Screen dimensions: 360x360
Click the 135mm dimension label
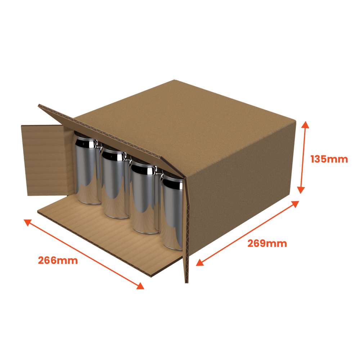(x=329, y=159)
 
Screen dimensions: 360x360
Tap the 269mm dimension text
(x=267, y=243)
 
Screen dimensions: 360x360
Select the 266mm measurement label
(x=58, y=260)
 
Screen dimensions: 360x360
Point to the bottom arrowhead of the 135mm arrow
(x=301, y=190)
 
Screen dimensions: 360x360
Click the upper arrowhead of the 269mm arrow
(x=295, y=204)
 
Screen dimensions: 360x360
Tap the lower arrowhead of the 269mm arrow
(x=200, y=262)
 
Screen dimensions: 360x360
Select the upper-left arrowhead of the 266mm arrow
(x=28, y=222)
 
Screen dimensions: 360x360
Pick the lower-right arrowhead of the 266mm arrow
(x=140, y=286)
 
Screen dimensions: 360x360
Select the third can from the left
(x=145, y=197)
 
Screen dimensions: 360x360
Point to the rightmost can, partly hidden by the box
(x=172, y=211)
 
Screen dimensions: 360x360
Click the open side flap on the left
(x=46, y=160)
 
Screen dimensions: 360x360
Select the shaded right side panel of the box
(x=241, y=188)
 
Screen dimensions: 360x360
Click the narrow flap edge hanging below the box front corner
(x=186, y=230)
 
